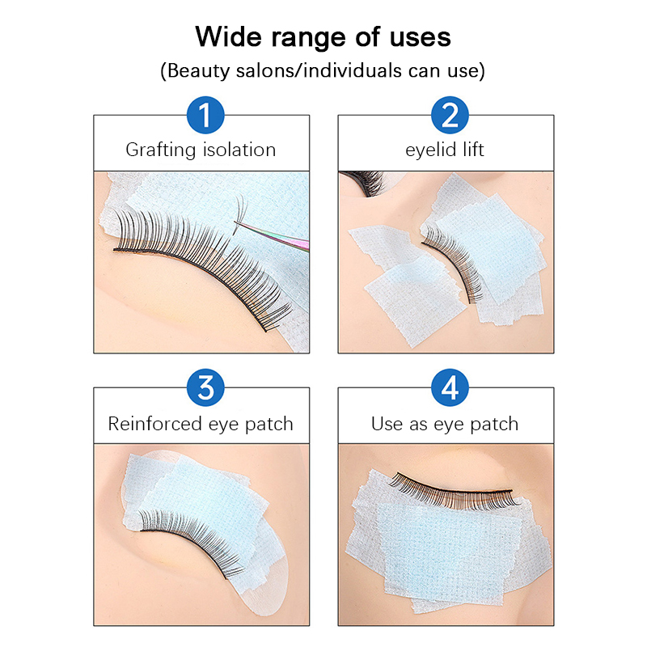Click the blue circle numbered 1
tap(205, 115)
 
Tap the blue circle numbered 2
tap(450, 115)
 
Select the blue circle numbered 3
tap(205, 388)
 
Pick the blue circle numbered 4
tap(450, 388)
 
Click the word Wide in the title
tap(229, 36)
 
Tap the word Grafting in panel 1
tap(160, 150)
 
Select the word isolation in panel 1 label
tap(239, 150)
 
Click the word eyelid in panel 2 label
tap(430, 150)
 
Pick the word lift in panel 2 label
tap(473, 150)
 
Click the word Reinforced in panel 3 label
tap(154, 424)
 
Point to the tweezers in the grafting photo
tap(273, 236)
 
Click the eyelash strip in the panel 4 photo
tap(454, 491)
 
